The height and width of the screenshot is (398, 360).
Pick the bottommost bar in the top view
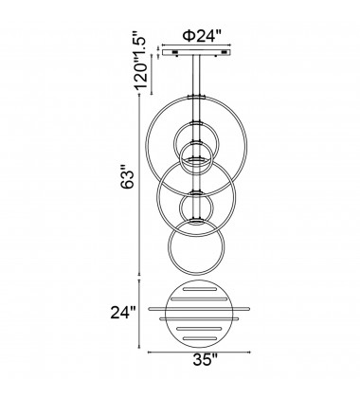(x=200, y=335)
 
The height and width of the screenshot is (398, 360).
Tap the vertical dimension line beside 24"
(x=141, y=314)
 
